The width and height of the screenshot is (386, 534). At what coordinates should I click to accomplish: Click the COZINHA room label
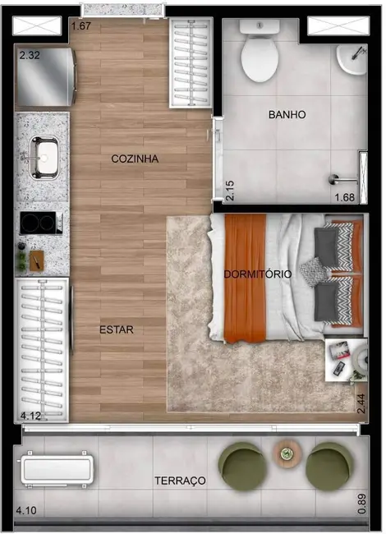(135, 159)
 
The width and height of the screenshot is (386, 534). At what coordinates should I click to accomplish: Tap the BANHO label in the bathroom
(287, 115)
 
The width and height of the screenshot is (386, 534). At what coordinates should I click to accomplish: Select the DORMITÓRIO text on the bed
(257, 274)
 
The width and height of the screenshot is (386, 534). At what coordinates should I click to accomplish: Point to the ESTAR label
(117, 329)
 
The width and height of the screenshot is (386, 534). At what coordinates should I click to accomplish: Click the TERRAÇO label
(180, 480)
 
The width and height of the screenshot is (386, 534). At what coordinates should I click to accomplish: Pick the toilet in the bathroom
(260, 53)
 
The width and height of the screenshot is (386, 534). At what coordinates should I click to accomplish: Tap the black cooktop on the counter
(40, 223)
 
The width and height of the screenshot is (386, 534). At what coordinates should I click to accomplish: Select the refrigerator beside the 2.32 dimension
(46, 80)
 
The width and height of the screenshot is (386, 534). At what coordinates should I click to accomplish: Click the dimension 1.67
(81, 26)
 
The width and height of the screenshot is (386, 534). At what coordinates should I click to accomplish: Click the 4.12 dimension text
(30, 417)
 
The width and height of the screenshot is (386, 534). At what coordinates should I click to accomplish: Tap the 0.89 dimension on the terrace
(362, 503)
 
